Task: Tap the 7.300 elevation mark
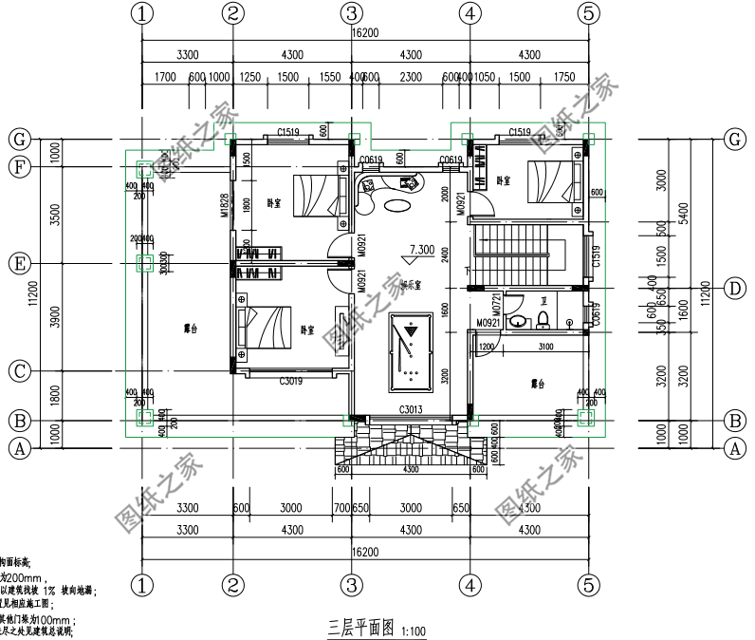coord(421,252)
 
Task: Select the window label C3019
coord(290,382)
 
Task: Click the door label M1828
coord(226,206)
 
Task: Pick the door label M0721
coord(497,306)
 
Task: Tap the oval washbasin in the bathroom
coord(518,321)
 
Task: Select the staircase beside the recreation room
coord(520,254)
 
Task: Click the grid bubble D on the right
coord(733,288)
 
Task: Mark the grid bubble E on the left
coord(17,262)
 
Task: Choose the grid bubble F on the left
coord(17,166)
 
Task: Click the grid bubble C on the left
coord(17,370)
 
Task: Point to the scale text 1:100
coord(414,631)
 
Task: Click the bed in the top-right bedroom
coord(551,180)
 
